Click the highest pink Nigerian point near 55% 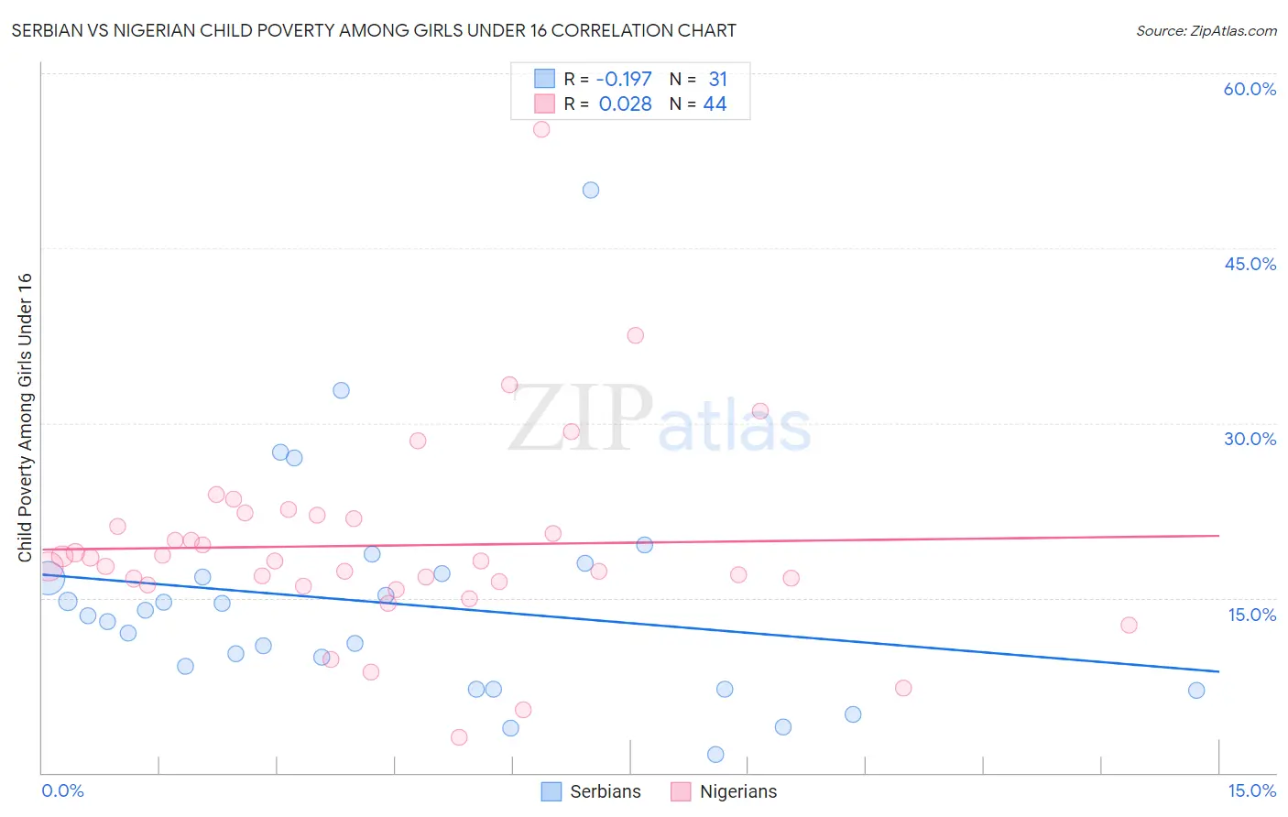click(x=541, y=129)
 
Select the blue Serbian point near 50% click(x=591, y=190)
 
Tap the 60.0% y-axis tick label click(x=1250, y=89)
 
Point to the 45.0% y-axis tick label click(x=1250, y=264)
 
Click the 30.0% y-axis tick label click(x=1250, y=439)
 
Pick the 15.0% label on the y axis click(x=1251, y=615)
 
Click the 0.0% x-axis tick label click(x=62, y=790)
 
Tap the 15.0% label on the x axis click(x=1251, y=790)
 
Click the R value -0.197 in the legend click(x=623, y=79)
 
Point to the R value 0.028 click(x=625, y=103)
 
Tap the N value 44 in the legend click(x=715, y=103)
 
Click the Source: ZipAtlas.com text click(x=1206, y=30)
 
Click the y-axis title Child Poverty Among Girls click(x=25, y=418)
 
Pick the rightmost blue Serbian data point click(x=1196, y=691)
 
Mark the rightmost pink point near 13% click(x=1129, y=625)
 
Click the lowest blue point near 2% click(x=715, y=755)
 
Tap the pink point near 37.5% click(x=636, y=335)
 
